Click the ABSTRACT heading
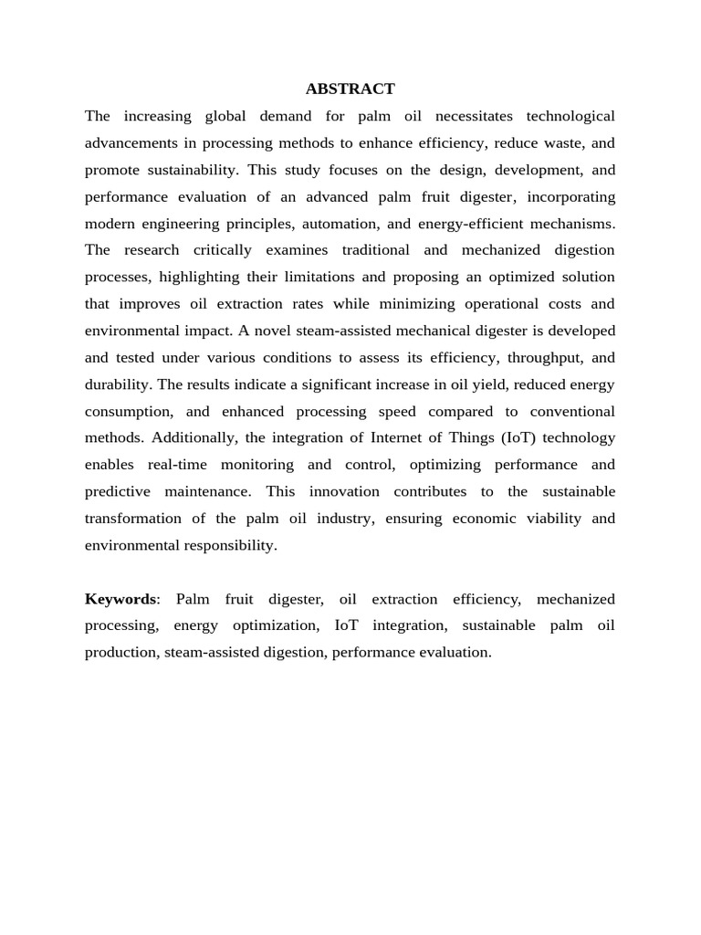(x=350, y=89)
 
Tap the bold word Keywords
(x=120, y=599)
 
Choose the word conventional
(x=566, y=411)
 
